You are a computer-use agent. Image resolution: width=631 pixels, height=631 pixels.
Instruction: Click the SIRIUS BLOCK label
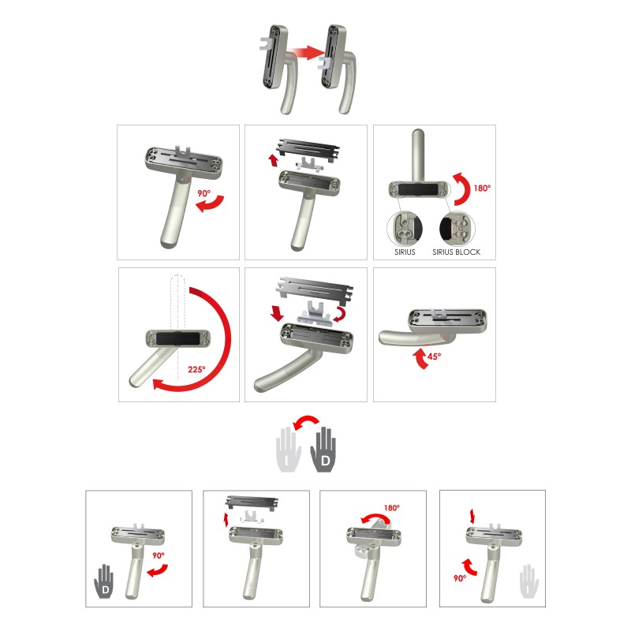[457, 252]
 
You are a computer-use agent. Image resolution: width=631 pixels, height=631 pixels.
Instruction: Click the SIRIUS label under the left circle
[405, 252]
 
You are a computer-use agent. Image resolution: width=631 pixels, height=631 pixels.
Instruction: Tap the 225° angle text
[196, 369]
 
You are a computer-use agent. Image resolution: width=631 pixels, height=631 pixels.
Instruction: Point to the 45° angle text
[434, 357]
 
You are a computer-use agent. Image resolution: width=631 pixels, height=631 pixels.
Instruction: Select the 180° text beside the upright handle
[482, 188]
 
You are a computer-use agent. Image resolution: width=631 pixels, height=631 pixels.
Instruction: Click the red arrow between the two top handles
[306, 53]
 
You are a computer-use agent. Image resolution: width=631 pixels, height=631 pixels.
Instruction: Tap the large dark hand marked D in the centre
[323, 450]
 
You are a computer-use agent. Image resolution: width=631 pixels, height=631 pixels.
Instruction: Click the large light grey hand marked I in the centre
[289, 450]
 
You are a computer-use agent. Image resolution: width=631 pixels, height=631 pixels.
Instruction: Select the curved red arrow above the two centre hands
[306, 420]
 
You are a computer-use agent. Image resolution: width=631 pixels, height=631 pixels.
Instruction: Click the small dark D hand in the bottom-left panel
[104, 581]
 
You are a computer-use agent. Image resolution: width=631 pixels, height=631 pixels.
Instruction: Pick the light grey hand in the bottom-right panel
[528, 581]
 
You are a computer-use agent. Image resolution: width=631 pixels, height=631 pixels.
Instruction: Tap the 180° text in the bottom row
[391, 508]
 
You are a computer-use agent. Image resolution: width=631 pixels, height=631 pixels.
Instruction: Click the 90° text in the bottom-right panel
[460, 578]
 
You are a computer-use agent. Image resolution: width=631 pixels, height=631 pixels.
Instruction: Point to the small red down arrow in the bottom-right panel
[472, 517]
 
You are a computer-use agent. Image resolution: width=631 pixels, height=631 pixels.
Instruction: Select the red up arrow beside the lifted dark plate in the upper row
[274, 160]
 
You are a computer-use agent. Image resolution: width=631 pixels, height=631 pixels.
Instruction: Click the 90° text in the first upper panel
[204, 193]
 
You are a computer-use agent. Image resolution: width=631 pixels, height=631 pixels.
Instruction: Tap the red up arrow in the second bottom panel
[226, 520]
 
